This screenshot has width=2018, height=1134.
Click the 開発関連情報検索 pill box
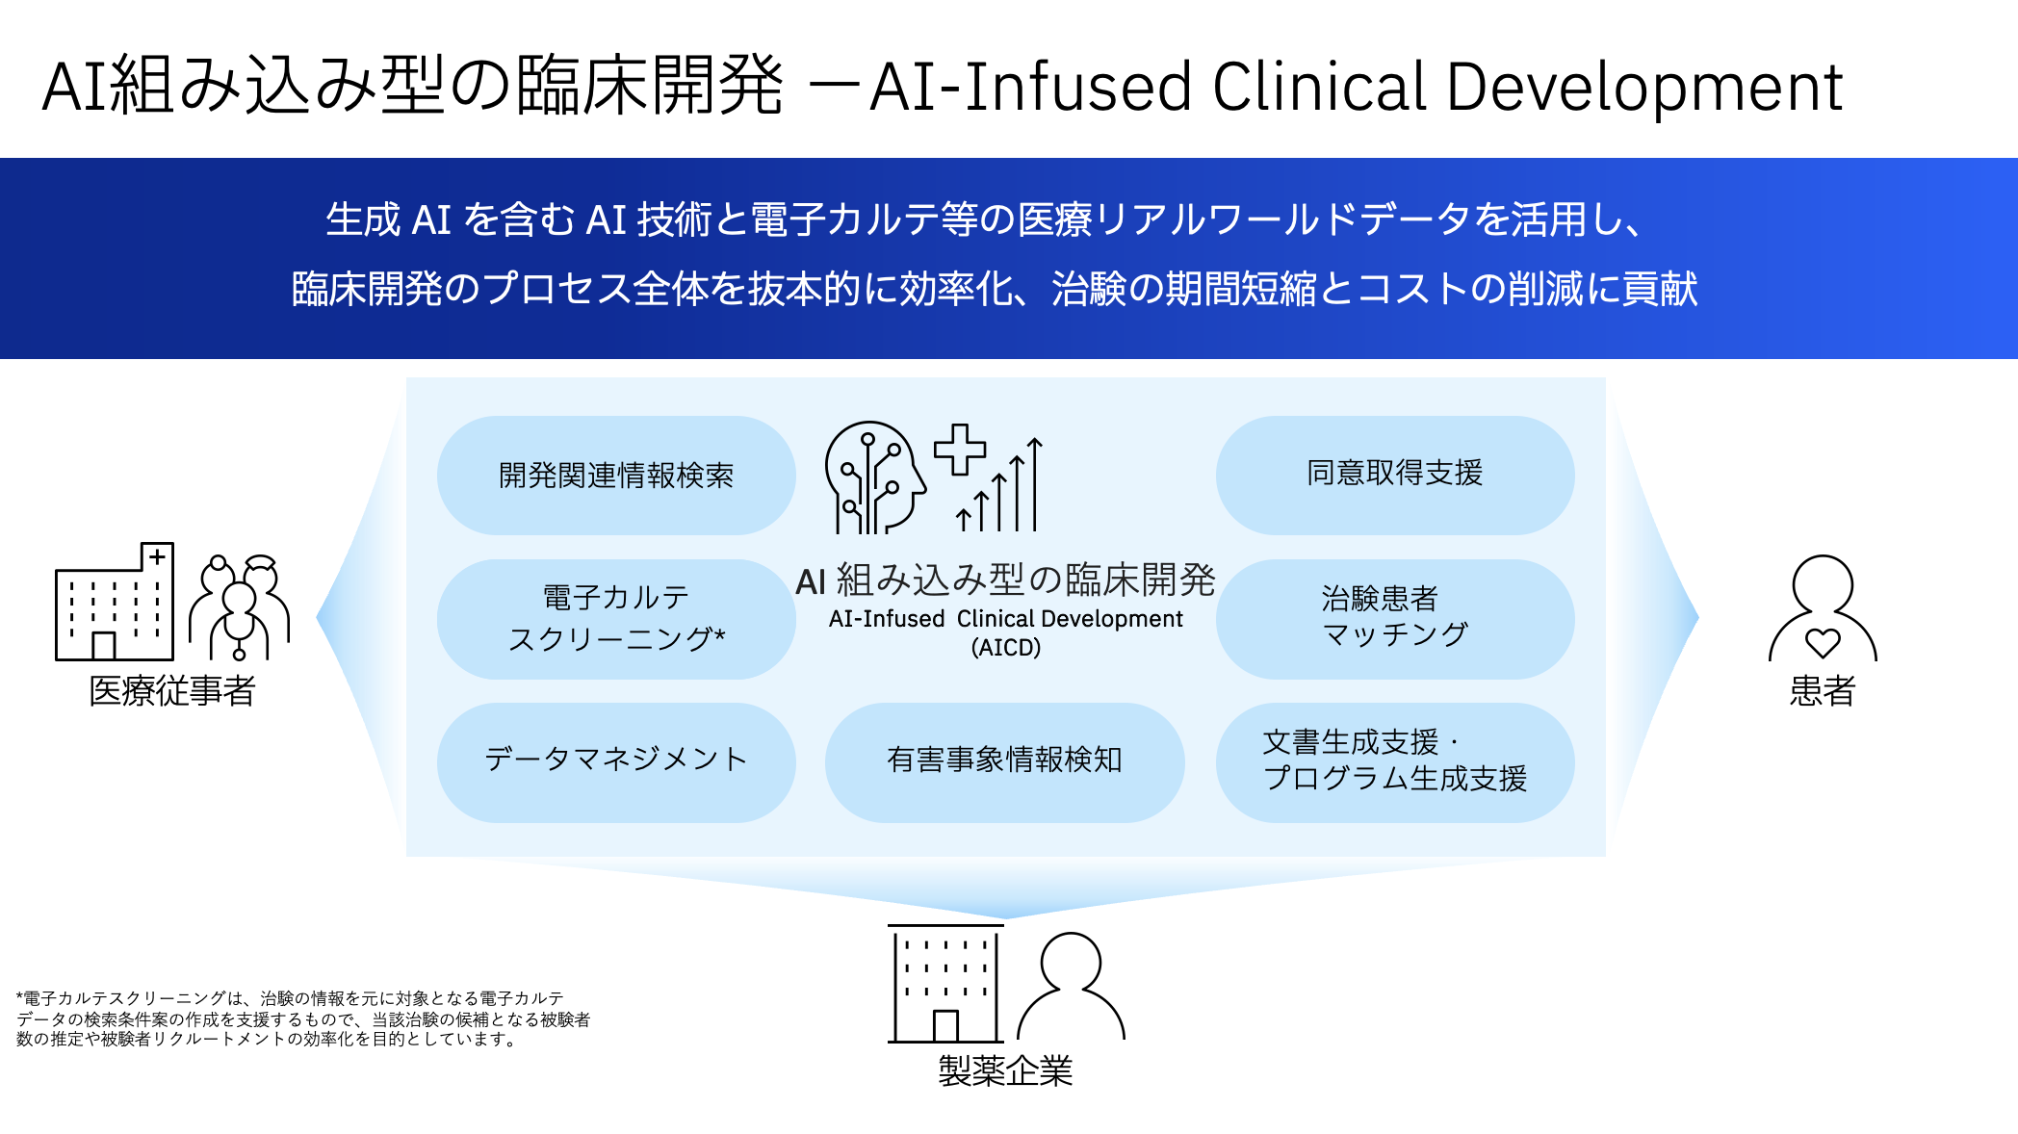tap(616, 476)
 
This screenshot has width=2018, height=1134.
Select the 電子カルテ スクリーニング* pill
tap(616, 618)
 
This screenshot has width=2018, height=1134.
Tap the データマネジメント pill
tap(616, 760)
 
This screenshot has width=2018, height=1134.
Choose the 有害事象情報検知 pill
tap(1004, 760)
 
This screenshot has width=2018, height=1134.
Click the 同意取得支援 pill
tap(1394, 474)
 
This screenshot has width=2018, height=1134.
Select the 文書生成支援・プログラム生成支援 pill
tap(1394, 760)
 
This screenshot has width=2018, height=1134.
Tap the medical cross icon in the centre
tap(959, 450)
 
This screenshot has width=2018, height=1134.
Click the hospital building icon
tap(115, 605)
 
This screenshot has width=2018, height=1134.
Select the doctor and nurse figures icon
tap(240, 606)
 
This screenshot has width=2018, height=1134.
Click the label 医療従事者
tap(172, 691)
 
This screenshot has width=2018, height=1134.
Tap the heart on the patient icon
tap(1822, 642)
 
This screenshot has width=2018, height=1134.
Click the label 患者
tap(1822, 691)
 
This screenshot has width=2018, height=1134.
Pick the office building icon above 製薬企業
tap(945, 985)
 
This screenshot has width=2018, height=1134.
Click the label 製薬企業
tap(1005, 1070)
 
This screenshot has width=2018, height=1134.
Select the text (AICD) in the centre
tap(1005, 648)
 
